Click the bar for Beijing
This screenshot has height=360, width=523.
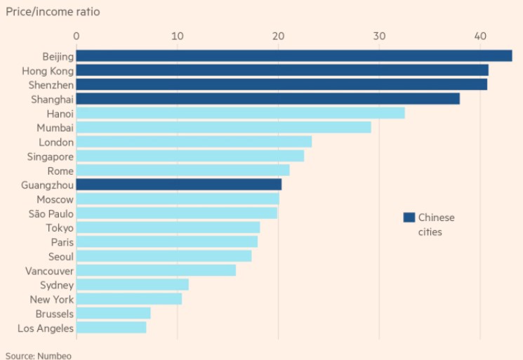pos(293,56)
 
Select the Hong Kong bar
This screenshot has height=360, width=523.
pos(282,70)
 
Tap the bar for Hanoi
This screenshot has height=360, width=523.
pos(240,113)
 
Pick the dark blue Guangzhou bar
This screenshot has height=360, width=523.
pos(178,185)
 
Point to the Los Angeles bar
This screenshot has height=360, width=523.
pos(111,327)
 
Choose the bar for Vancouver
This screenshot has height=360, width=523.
pos(156,270)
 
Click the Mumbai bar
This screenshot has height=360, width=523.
pos(223,127)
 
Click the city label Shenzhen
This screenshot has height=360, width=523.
pos(51,84)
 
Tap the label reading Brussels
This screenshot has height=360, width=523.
pos(55,313)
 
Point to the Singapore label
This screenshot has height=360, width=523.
pos(50,156)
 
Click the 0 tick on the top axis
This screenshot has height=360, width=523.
pos(77,36)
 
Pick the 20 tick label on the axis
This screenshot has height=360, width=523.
pos(279,36)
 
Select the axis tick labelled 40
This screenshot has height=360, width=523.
pos(480,36)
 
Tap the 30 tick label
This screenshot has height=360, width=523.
pos(379,36)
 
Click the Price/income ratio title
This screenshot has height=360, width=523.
pos(52,12)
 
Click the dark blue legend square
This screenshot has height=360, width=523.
pos(409,218)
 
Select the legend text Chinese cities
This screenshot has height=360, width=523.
pos(436,225)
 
